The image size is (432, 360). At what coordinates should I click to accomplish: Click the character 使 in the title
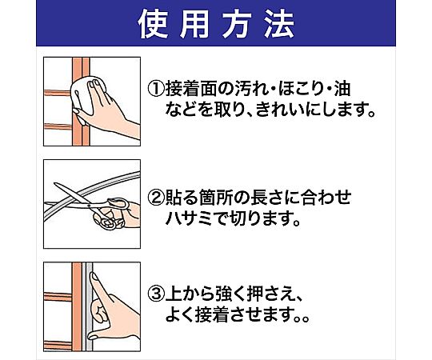pyautogui.click(x=153, y=24)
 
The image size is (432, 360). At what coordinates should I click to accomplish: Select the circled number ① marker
pyautogui.click(x=156, y=89)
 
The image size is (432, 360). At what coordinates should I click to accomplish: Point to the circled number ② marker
pyautogui.click(x=156, y=198)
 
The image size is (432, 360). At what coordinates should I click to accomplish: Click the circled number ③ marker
pyautogui.click(x=156, y=294)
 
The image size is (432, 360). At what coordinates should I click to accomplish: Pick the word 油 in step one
pyautogui.click(x=342, y=89)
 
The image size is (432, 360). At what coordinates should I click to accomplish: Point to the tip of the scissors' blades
pyautogui.click(x=54, y=184)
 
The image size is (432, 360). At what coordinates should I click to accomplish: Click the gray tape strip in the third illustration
pyautogui.click(x=89, y=306)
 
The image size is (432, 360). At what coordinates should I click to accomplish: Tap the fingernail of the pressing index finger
pyautogui.click(x=94, y=277)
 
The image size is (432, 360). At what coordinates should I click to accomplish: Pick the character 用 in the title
pyautogui.click(x=194, y=24)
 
